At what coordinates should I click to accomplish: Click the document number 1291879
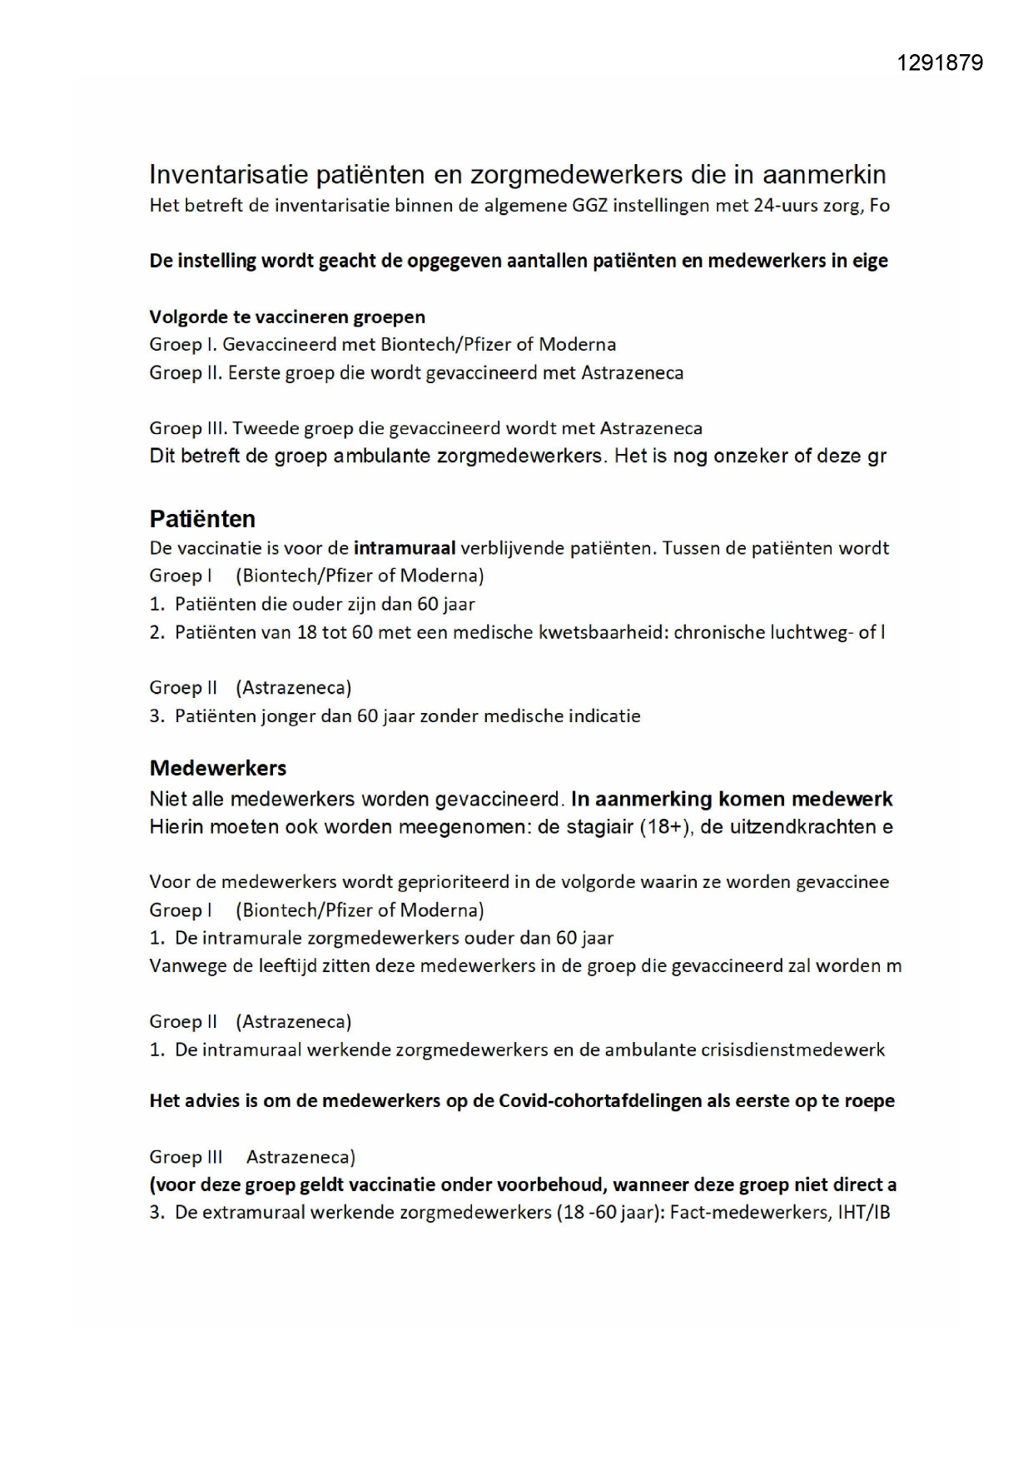coord(940,63)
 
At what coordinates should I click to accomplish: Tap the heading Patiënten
coord(202,519)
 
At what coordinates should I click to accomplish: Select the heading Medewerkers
coord(218,767)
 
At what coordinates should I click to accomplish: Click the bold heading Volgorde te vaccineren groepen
coord(287,317)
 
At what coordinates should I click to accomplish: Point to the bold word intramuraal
coord(405,548)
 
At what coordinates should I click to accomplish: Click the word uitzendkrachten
coord(798,826)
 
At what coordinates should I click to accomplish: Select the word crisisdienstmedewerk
coord(797,1050)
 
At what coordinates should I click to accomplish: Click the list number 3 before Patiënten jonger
coord(156,716)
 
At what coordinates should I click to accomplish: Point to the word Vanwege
coord(182,965)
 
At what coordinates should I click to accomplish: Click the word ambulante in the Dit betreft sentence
coord(381,456)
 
